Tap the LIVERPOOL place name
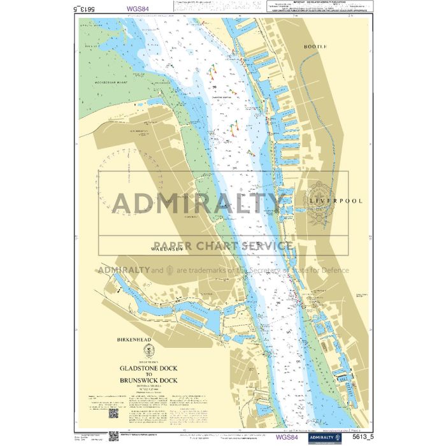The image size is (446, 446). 336,201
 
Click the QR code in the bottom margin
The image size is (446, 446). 113,412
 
